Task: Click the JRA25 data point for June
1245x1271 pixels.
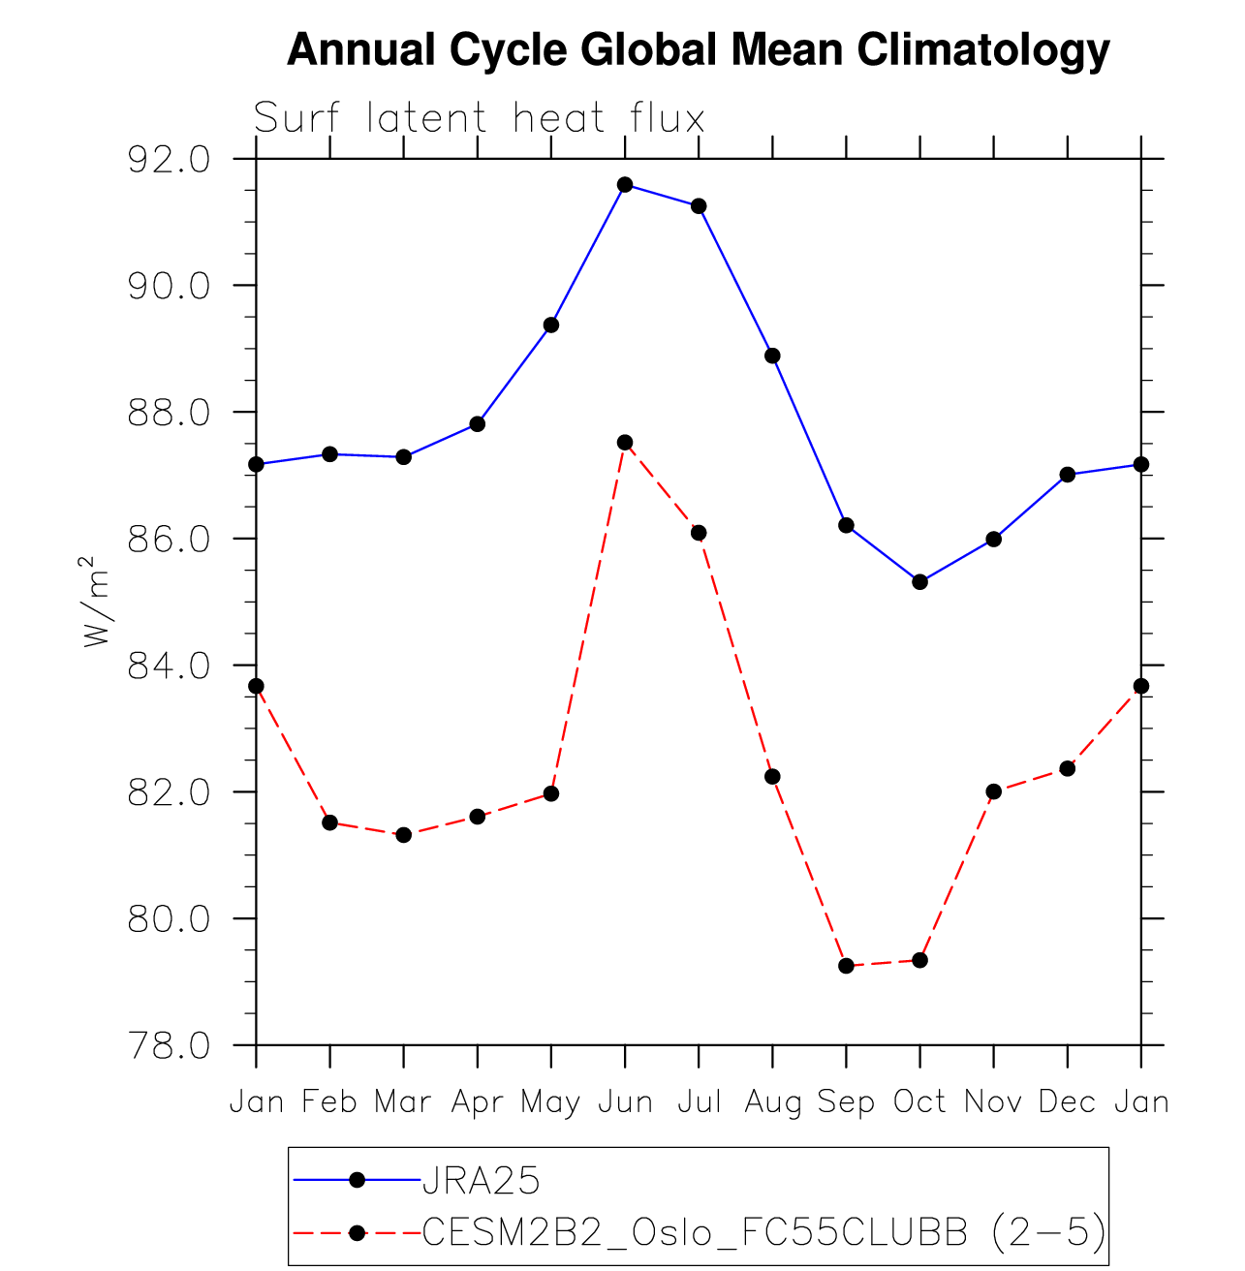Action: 625,184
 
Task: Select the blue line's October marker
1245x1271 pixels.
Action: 919,581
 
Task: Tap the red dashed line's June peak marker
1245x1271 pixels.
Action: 625,442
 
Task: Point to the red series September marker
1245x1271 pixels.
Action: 846,965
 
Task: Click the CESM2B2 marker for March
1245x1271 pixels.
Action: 403,834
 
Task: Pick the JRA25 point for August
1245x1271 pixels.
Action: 772,356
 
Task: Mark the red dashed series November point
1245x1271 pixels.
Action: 993,791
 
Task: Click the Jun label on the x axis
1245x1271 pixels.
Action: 625,1102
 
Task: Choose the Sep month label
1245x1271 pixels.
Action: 846,1102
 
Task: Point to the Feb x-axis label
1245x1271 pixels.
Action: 330,1102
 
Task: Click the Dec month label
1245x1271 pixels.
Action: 1067,1102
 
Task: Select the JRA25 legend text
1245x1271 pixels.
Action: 482,1180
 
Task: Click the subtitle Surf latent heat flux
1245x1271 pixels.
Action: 479,119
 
